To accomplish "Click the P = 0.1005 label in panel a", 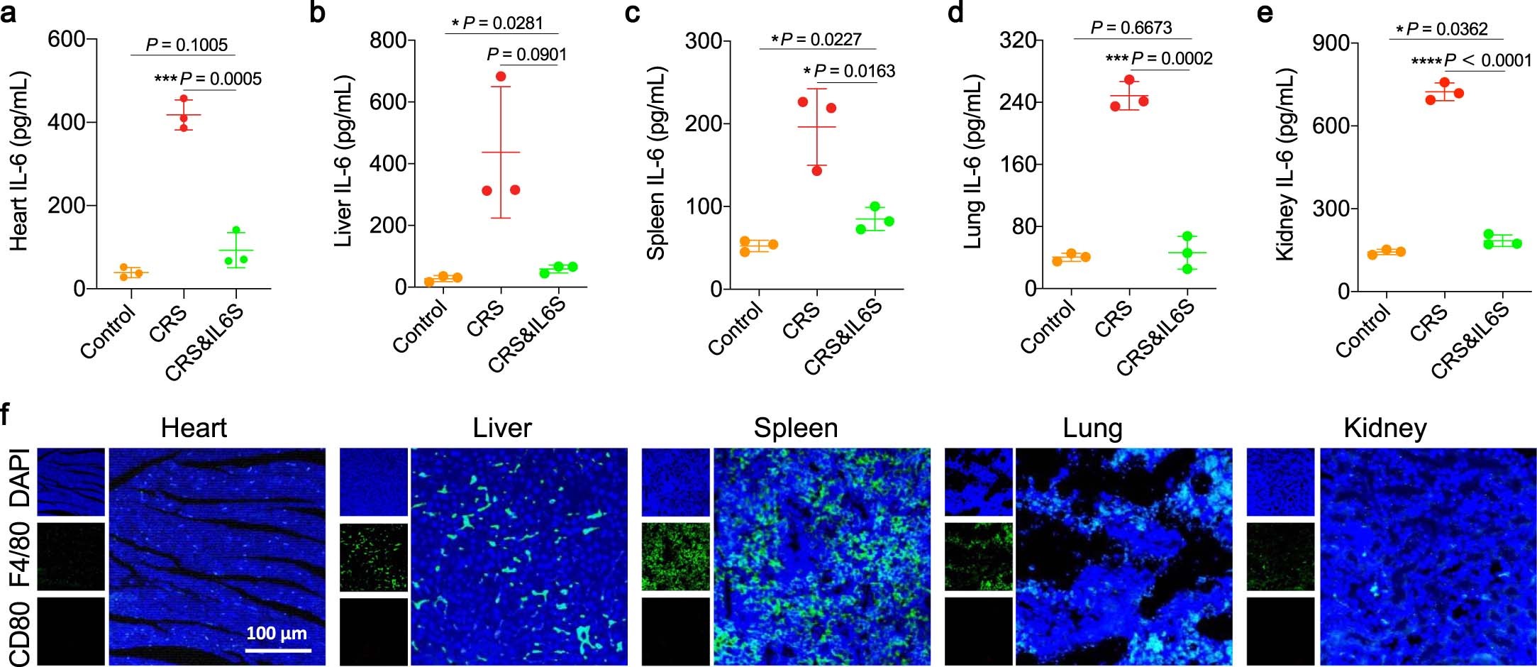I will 187,45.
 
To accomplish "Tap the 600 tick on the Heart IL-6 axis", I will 67,39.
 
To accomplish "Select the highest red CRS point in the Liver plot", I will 501,76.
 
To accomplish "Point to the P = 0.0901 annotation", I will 527,55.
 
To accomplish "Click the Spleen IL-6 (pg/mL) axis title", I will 657,163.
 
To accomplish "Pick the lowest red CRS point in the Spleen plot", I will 816,170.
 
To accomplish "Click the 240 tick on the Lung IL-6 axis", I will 1018,102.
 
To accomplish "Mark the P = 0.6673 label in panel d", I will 1131,28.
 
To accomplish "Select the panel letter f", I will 7,414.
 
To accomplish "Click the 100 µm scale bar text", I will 277,633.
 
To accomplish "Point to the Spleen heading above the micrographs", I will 795,428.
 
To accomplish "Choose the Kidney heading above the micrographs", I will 1385,428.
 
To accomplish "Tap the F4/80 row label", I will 20,556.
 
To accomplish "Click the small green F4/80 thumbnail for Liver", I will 374,557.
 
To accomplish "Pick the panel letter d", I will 955,13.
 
